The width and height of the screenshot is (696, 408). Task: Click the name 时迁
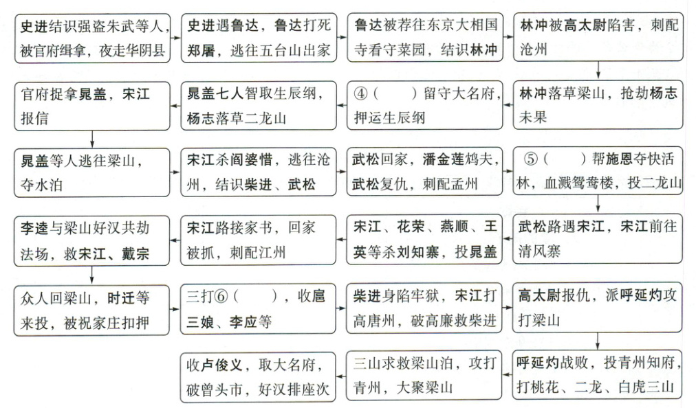click(x=121, y=297)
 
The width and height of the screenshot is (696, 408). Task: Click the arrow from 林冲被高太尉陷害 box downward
click(x=598, y=71)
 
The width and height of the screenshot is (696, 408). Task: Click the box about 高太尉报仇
click(x=598, y=308)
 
